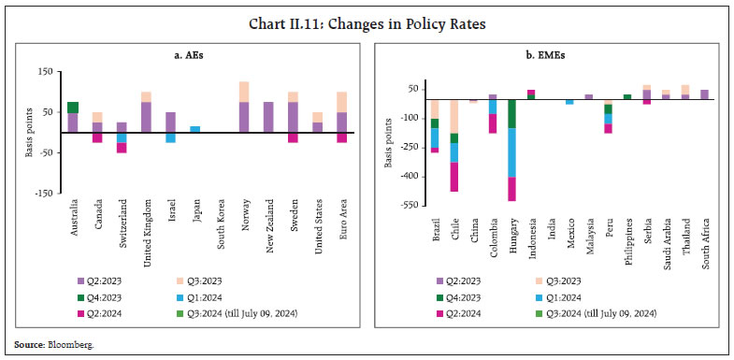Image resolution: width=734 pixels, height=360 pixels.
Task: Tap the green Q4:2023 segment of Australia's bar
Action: tap(73, 108)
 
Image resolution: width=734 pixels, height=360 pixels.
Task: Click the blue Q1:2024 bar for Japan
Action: tap(195, 129)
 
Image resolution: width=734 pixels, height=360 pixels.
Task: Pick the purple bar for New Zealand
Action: tap(268, 117)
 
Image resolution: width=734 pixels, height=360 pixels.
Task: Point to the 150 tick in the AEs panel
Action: tap(43, 72)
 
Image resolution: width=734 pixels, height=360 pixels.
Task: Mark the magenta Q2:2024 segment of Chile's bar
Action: tap(454, 177)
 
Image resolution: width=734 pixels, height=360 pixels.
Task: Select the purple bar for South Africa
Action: tap(704, 94)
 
